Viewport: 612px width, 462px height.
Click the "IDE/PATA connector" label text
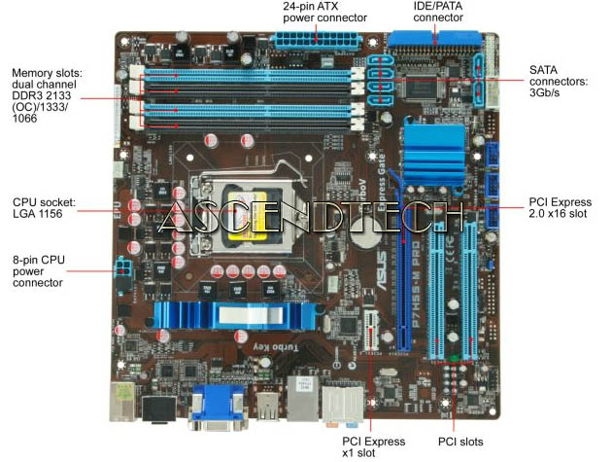438,12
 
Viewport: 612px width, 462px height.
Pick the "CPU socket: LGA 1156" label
45,208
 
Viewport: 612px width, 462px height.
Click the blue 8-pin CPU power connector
123,267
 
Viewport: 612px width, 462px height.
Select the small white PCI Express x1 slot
370,331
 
